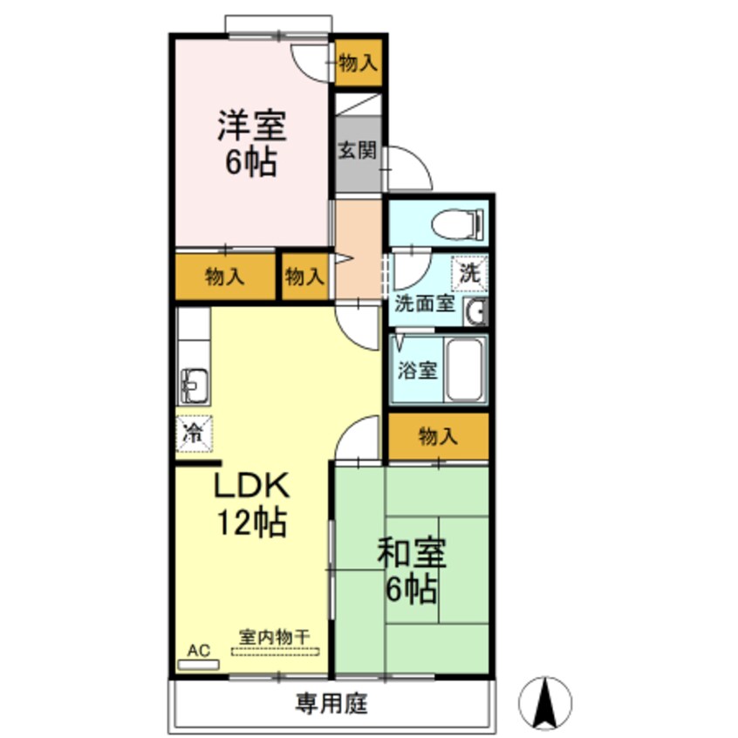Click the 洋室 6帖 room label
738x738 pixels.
[x=252, y=145]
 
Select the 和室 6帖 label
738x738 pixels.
[x=412, y=571]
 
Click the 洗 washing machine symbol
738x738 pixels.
[x=469, y=271]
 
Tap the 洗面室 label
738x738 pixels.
[x=425, y=304]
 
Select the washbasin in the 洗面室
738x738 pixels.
[x=476, y=311]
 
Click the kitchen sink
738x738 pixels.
[x=194, y=382]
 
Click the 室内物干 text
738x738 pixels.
[x=275, y=638]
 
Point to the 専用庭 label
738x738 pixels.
[x=331, y=702]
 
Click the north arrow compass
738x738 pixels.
[x=545, y=700]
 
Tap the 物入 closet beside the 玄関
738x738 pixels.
[x=358, y=63]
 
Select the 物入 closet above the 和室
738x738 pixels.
[x=438, y=437]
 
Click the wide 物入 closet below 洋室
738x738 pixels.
[x=224, y=277]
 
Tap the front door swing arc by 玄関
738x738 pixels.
[x=410, y=168]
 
